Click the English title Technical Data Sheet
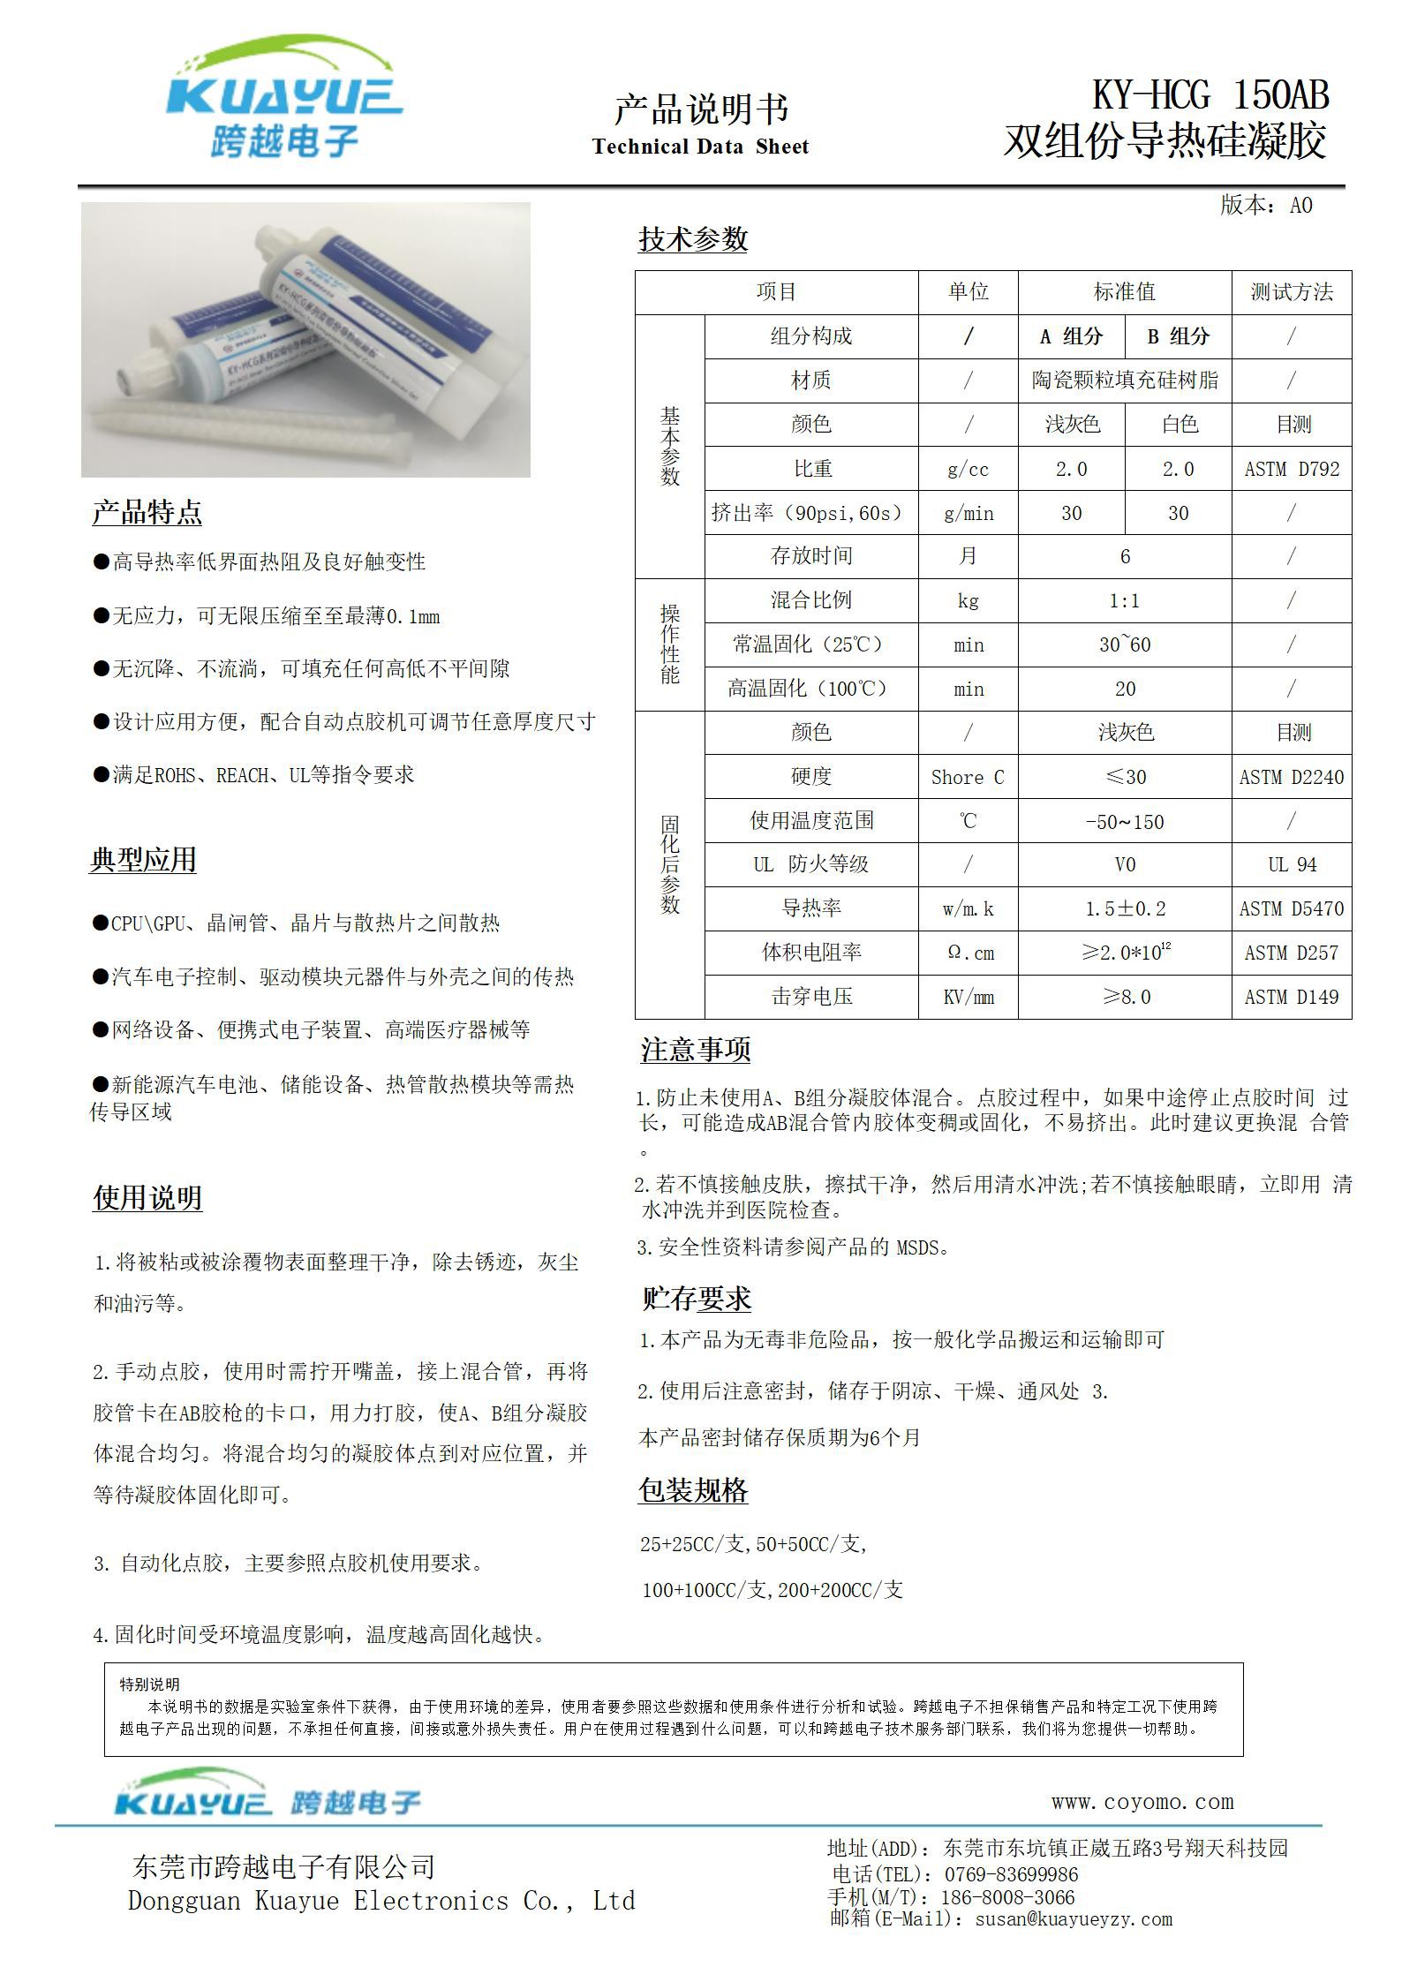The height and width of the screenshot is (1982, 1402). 700,147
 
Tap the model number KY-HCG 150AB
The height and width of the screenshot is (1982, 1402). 1210,95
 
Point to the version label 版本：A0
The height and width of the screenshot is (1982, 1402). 1266,206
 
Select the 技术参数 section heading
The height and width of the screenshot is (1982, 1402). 693,239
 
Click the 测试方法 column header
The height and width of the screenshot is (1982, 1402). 1291,292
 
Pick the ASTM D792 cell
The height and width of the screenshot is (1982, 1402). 1292,469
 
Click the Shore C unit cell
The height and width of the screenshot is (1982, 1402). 968,777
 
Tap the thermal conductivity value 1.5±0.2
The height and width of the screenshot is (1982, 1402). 1125,908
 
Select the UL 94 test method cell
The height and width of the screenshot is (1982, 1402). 1292,864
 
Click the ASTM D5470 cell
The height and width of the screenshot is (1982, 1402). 1292,908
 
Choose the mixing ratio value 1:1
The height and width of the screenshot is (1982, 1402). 1125,601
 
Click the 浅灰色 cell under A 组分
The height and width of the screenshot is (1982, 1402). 1072,425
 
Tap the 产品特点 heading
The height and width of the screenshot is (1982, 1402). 147,512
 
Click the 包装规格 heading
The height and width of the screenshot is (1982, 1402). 693,1490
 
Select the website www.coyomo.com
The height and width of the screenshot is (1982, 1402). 1142,1801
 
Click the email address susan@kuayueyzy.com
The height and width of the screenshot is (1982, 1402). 1074,1918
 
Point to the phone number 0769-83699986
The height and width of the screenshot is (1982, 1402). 1011,1874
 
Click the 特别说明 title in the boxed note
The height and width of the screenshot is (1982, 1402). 150,1684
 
